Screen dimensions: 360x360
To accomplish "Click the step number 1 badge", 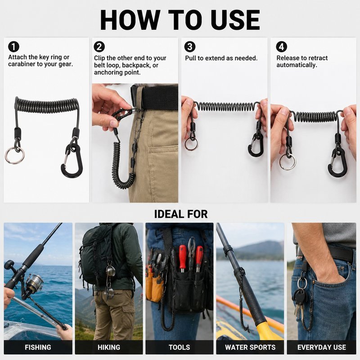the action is (13, 47).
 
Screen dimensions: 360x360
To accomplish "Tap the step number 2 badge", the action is (99, 47).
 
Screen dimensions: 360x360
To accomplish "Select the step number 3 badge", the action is (190, 47).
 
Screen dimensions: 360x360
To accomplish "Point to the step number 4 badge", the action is (282, 47).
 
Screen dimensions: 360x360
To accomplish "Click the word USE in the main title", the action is (235, 20).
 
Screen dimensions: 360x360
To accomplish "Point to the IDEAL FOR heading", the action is (181, 214).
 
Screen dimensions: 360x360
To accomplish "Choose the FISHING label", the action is (38, 347).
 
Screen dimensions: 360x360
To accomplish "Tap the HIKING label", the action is (109, 347).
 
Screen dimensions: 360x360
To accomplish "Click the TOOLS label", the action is (179, 347).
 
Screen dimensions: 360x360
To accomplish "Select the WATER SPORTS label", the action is (250, 347).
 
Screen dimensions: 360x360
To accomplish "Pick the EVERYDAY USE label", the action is (322, 347).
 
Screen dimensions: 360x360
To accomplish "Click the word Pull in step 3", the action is (190, 58).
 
